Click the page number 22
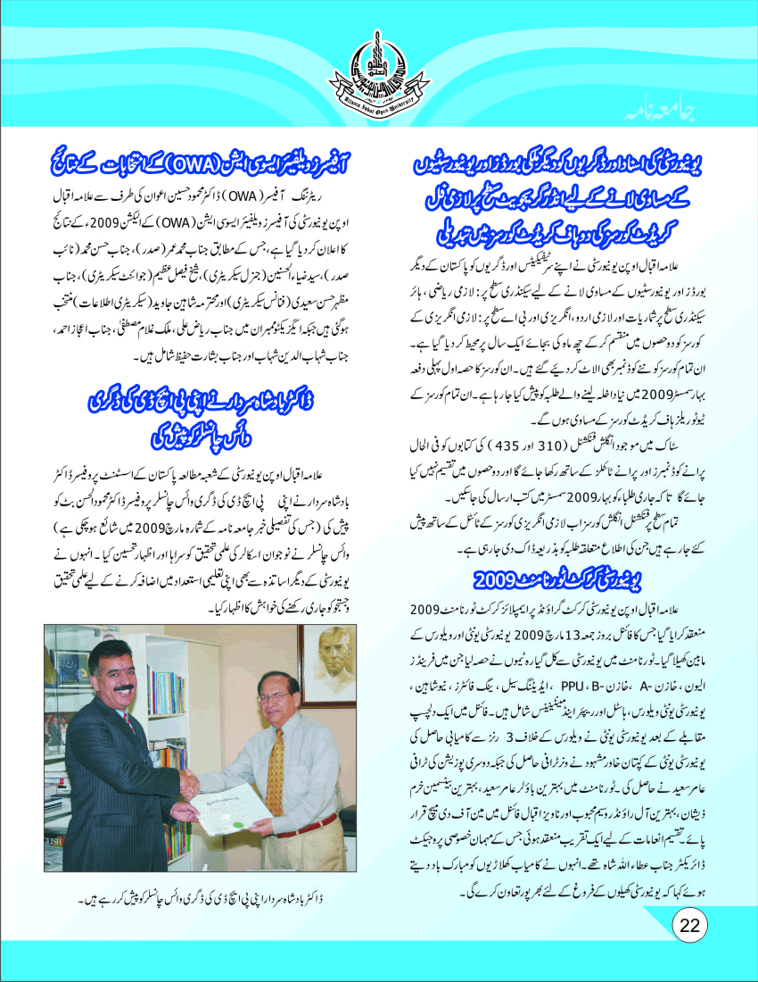point(688,925)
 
